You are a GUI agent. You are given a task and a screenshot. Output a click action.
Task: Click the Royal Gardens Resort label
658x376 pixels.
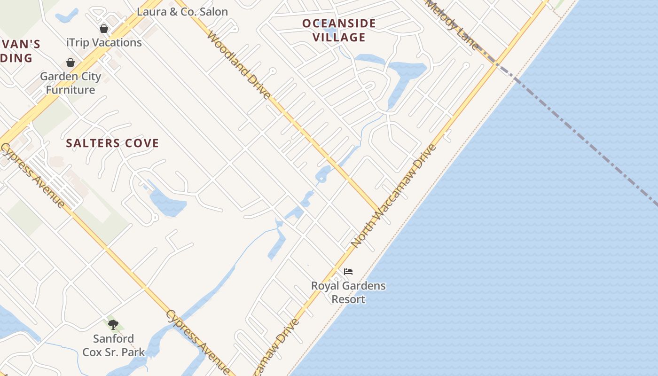(x=348, y=292)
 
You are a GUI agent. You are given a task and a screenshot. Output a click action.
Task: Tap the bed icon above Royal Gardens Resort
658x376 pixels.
(x=348, y=272)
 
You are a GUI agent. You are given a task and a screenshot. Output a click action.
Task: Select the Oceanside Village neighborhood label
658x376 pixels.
(x=339, y=30)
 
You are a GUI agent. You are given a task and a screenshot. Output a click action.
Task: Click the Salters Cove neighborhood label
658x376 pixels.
(x=112, y=143)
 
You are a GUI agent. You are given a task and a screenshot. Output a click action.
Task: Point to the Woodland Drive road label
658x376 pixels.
(x=239, y=65)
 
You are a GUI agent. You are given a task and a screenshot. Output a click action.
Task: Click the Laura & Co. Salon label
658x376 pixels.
(x=182, y=12)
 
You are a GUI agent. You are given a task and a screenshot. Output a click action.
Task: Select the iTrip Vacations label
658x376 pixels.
(x=104, y=42)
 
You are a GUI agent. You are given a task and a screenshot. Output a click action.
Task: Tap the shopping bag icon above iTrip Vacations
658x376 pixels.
(x=104, y=29)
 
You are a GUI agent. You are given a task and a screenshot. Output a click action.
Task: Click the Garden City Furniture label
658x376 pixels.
(x=70, y=83)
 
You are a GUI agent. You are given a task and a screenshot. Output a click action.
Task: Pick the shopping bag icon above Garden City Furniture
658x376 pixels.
(x=70, y=63)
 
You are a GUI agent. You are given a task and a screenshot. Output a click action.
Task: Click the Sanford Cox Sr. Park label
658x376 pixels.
(x=113, y=345)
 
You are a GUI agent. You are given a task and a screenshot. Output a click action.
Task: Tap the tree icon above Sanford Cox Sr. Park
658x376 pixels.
(x=113, y=324)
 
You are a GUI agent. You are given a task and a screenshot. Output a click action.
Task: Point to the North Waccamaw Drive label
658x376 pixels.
(x=394, y=196)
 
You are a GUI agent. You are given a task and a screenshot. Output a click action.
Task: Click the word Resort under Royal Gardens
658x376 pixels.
(x=348, y=299)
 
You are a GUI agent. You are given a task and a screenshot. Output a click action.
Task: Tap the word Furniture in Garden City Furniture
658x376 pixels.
(x=70, y=90)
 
